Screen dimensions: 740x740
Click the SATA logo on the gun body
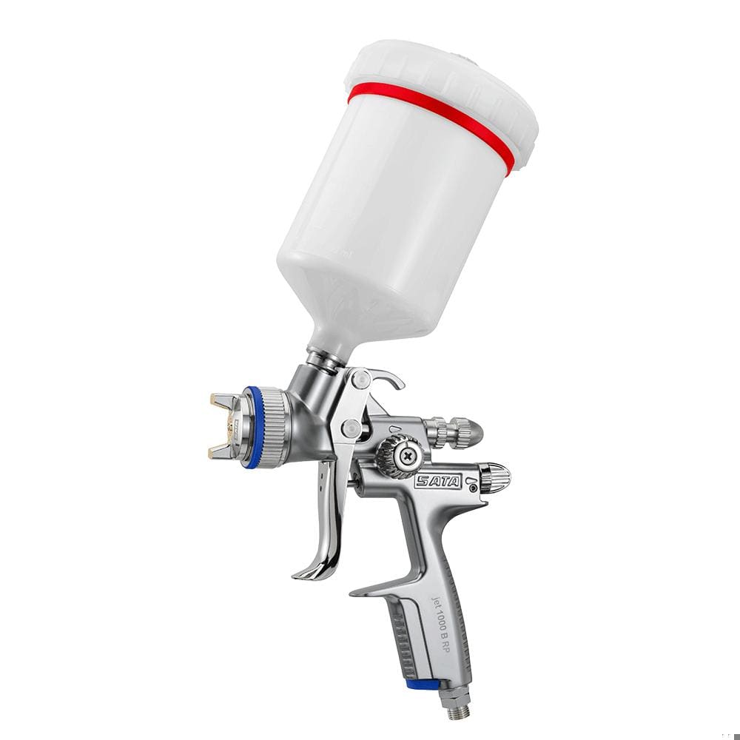[437, 482]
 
